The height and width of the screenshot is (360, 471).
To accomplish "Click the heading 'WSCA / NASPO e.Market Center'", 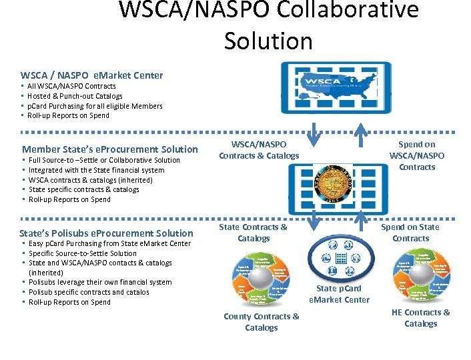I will [x=91, y=75].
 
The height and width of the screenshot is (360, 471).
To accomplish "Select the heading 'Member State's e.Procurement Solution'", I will [x=110, y=149].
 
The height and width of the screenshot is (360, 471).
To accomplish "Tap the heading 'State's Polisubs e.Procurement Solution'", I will [x=106, y=233].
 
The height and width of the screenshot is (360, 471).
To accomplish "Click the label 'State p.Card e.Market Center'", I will [x=339, y=294].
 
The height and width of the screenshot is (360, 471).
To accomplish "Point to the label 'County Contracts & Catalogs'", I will [x=262, y=322].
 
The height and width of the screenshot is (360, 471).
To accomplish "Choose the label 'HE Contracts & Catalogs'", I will [x=420, y=318].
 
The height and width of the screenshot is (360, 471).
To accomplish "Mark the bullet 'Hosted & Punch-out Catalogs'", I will [x=75, y=96].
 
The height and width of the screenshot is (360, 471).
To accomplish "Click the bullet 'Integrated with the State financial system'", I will [x=96, y=170].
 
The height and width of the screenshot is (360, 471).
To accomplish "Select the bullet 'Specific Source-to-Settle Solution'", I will [x=83, y=253].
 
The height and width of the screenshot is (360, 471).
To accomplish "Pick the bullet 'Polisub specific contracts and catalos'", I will [x=89, y=292].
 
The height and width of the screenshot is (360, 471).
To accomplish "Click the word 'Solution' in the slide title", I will [x=268, y=41].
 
